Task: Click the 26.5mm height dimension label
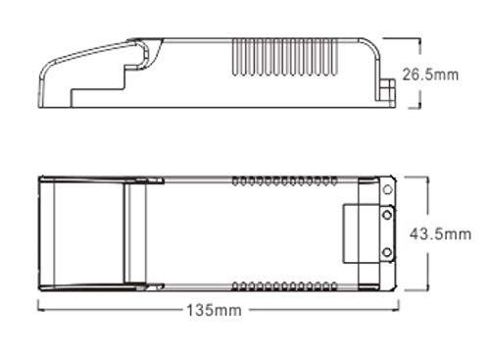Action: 430,75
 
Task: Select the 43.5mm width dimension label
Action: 440,234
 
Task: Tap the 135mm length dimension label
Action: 214,310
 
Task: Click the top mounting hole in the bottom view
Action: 388,189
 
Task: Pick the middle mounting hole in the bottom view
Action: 387,215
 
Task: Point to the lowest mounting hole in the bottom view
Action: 387,252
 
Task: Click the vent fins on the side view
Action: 284,58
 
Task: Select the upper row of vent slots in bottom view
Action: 284,180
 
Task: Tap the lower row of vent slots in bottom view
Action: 284,286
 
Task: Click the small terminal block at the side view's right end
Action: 388,92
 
